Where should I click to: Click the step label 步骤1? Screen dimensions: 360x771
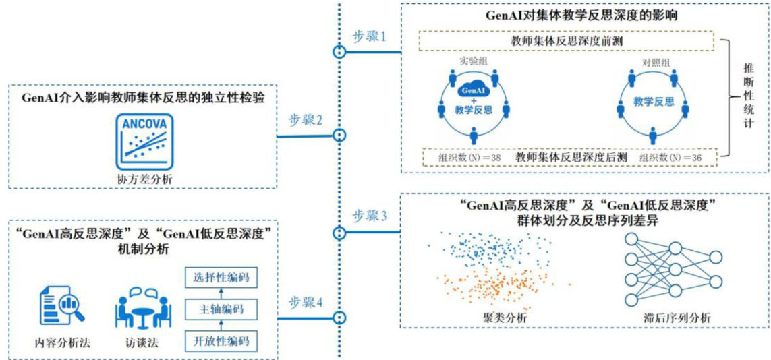coord(369,36)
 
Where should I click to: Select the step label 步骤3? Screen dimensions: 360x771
coord(369,216)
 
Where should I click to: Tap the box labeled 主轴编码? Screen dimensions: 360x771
coord(221,309)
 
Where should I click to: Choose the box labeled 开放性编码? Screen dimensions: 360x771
coord(221,340)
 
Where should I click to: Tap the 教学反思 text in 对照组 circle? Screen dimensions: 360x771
coord(653,102)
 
